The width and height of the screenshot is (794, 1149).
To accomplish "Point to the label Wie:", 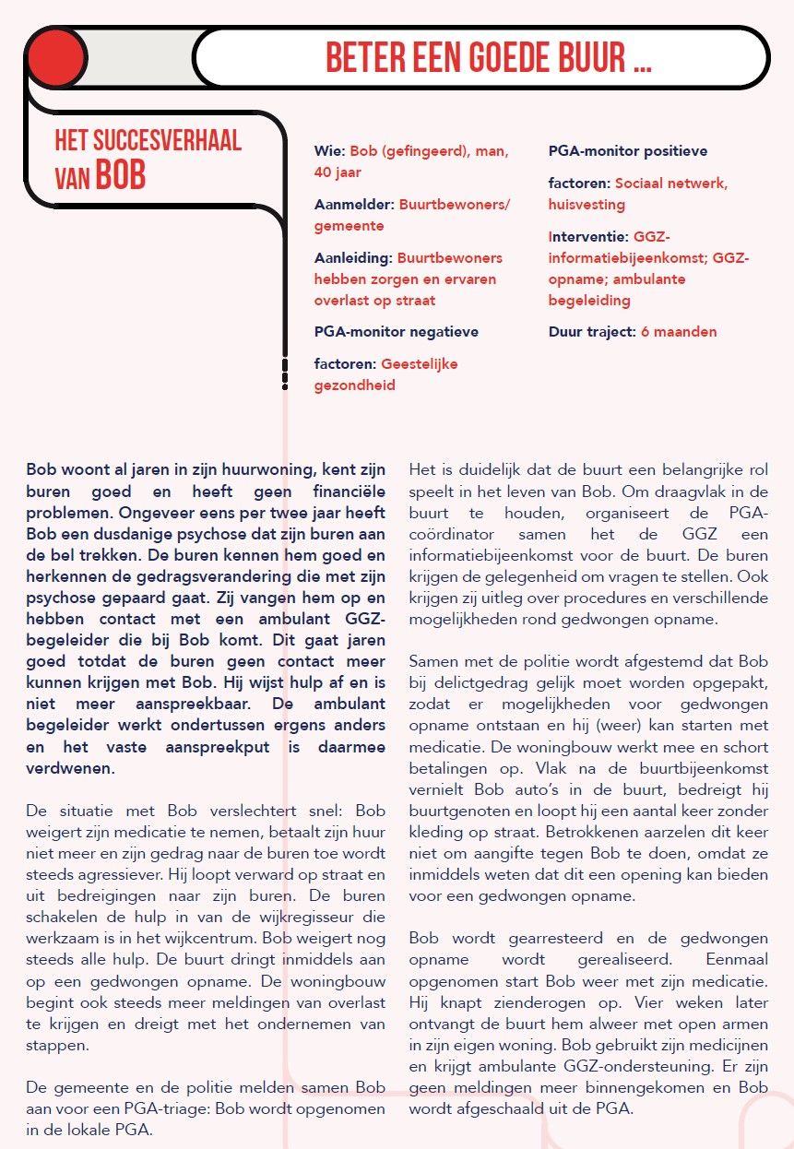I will click(x=330, y=150).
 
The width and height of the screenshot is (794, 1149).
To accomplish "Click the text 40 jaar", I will click(x=338, y=172).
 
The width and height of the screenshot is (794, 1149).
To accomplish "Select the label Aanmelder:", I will click(x=354, y=205).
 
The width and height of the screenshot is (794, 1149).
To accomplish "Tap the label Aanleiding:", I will click(x=354, y=258).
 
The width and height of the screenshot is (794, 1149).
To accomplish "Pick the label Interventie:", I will click(x=588, y=237).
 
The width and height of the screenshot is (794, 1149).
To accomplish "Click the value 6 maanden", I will click(x=679, y=332).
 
